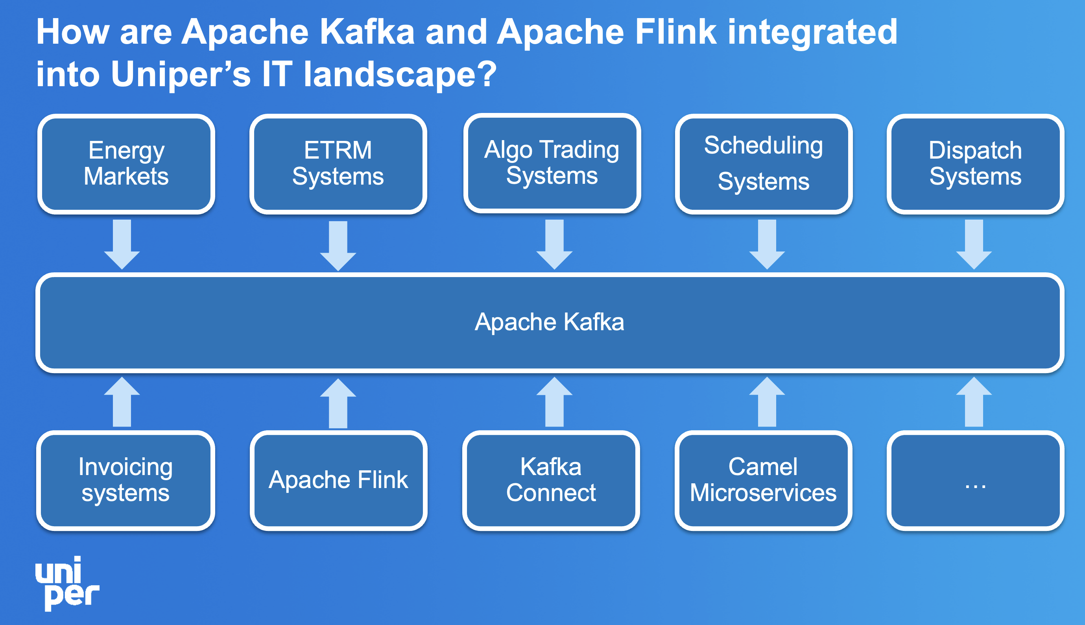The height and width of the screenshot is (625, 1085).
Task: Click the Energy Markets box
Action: (126, 164)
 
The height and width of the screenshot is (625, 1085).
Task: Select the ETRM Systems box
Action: (338, 164)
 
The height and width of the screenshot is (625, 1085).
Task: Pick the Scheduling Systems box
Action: (764, 164)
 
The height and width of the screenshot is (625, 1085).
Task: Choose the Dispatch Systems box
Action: (975, 164)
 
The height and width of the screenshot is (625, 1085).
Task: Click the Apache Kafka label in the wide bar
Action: (549, 322)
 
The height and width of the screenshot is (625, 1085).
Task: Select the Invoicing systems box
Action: (126, 480)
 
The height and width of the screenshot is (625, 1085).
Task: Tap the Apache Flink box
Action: (338, 480)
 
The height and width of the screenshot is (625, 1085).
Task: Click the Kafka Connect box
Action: (551, 480)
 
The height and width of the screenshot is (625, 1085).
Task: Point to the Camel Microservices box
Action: (763, 480)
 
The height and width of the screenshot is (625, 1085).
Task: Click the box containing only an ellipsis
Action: (975, 480)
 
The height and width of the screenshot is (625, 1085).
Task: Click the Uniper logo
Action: (67, 584)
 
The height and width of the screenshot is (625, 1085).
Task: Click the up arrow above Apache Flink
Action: (338, 403)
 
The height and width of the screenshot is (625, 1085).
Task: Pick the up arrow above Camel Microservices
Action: (767, 402)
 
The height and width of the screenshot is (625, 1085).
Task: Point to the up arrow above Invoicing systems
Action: (122, 402)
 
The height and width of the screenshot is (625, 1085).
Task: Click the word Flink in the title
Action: (675, 32)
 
